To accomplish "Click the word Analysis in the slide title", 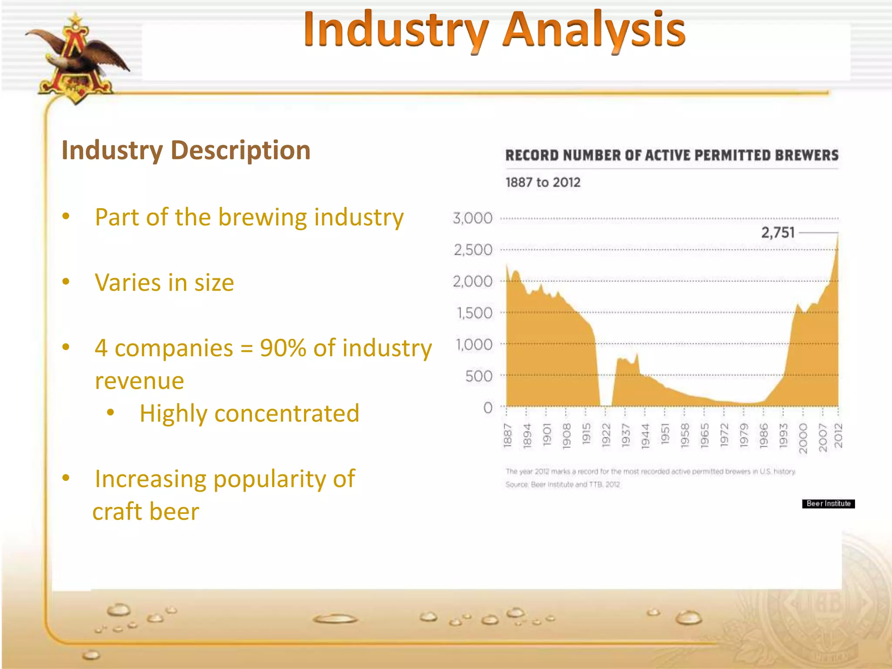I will pyautogui.click(x=594, y=30).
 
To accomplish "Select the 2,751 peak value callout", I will pyautogui.click(x=778, y=233).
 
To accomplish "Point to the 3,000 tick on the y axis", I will pyautogui.click(x=473, y=218).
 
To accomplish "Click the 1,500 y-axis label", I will pyautogui.click(x=474, y=313).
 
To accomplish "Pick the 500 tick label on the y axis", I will pyautogui.click(x=479, y=376).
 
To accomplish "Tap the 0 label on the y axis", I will pyautogui.click(x=488, y=408).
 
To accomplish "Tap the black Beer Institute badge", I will pyautogui.click(x=828, y=503).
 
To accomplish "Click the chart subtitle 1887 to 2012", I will pyautogui.click(x=543, y=182).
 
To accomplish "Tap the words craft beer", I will pyautogui.click(x=146, y=511).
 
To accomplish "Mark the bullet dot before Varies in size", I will pyautogui.click(x=66, y=281).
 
